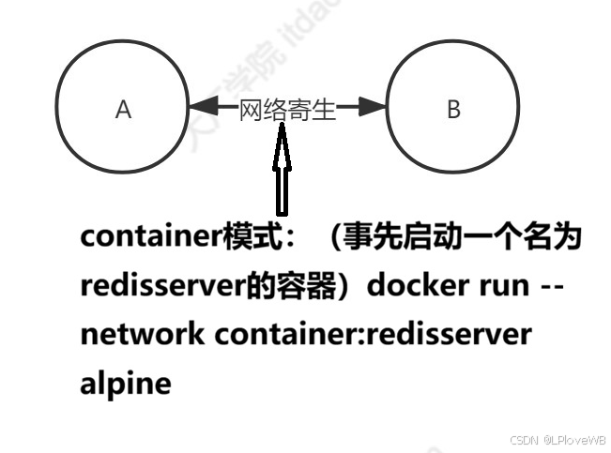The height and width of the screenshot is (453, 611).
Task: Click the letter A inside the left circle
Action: click(123, 111)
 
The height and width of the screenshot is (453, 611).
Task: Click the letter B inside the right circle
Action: click(453, 111)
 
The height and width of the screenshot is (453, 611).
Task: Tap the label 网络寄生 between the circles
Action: click(287, 112)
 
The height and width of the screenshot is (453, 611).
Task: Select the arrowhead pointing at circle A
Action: click(200, 110)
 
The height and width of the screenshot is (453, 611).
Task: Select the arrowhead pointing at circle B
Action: click(374, 110)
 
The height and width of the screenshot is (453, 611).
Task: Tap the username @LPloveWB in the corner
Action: click(573, 441)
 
